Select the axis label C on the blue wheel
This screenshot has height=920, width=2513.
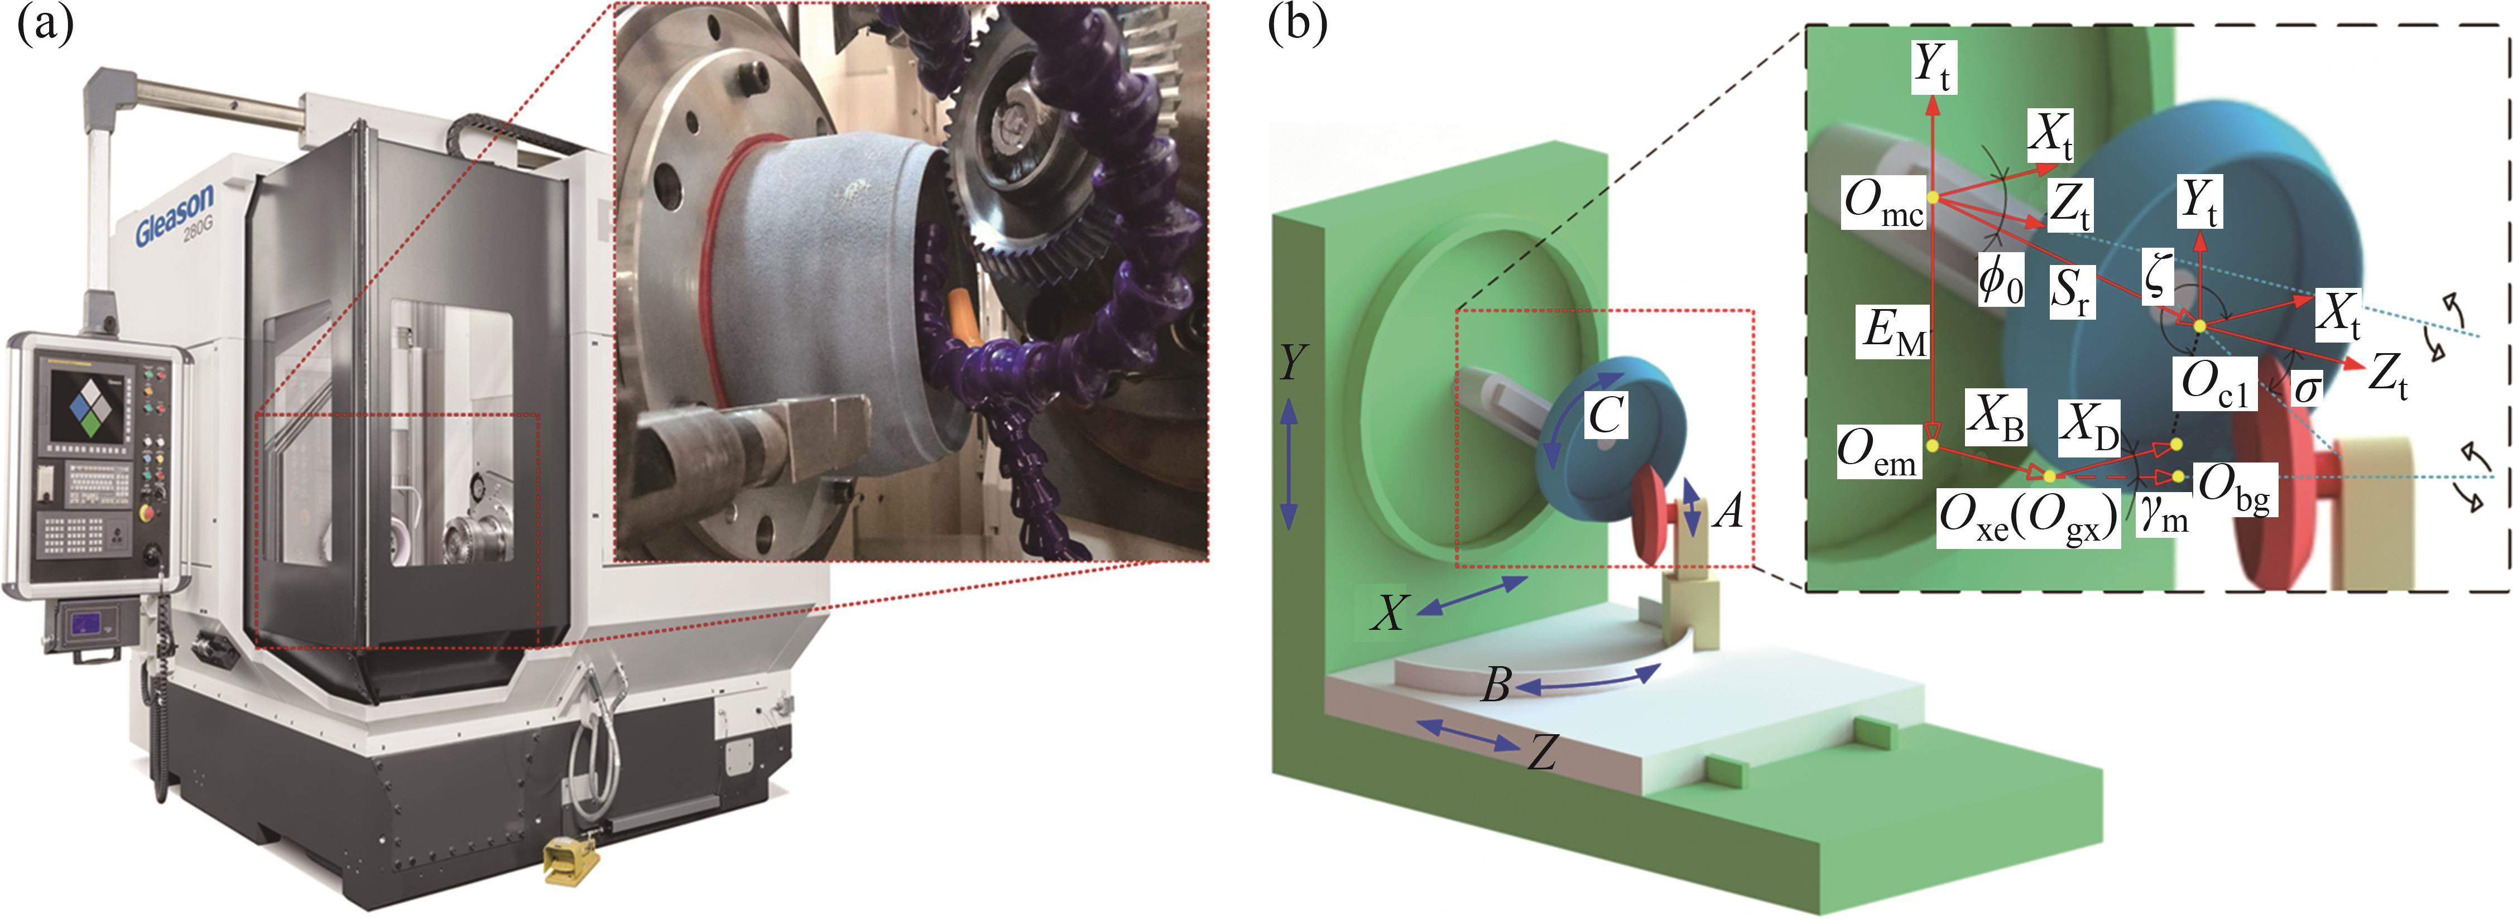click(x=1605, y=416)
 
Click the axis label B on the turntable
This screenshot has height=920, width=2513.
click(x=1496, y=686)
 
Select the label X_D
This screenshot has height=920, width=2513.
click(x=2089, y=427)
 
